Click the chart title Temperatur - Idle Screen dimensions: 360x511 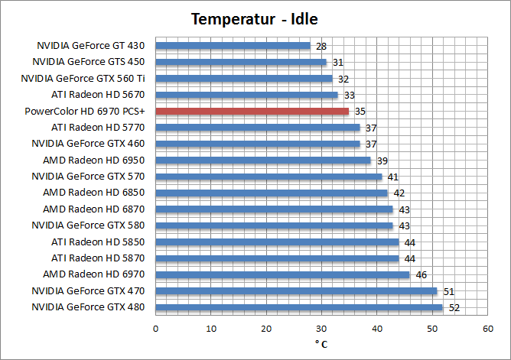click(254, 18)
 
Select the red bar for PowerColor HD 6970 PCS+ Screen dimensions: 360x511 click(252, 111)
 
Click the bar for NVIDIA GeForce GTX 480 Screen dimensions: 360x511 click(299, 307)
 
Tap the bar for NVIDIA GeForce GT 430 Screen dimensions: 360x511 click(233, 45)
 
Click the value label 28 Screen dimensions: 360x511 click(322, 46)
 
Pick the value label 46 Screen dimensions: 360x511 click(421, 275)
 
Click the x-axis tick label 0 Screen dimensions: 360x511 click(155, 328)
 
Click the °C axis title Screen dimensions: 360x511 click(321, 344)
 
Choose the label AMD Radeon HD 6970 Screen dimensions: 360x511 click(94, 274)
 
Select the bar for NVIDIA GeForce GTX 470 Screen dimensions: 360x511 click(296, 291)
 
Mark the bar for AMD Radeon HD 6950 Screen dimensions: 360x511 click(263, 161)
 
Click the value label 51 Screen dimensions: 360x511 click(449, 291)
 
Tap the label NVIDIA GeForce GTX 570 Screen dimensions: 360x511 click(88, 176)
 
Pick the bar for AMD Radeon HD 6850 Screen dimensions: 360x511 click(272, 193)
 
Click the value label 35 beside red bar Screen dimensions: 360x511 click(360, 112)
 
